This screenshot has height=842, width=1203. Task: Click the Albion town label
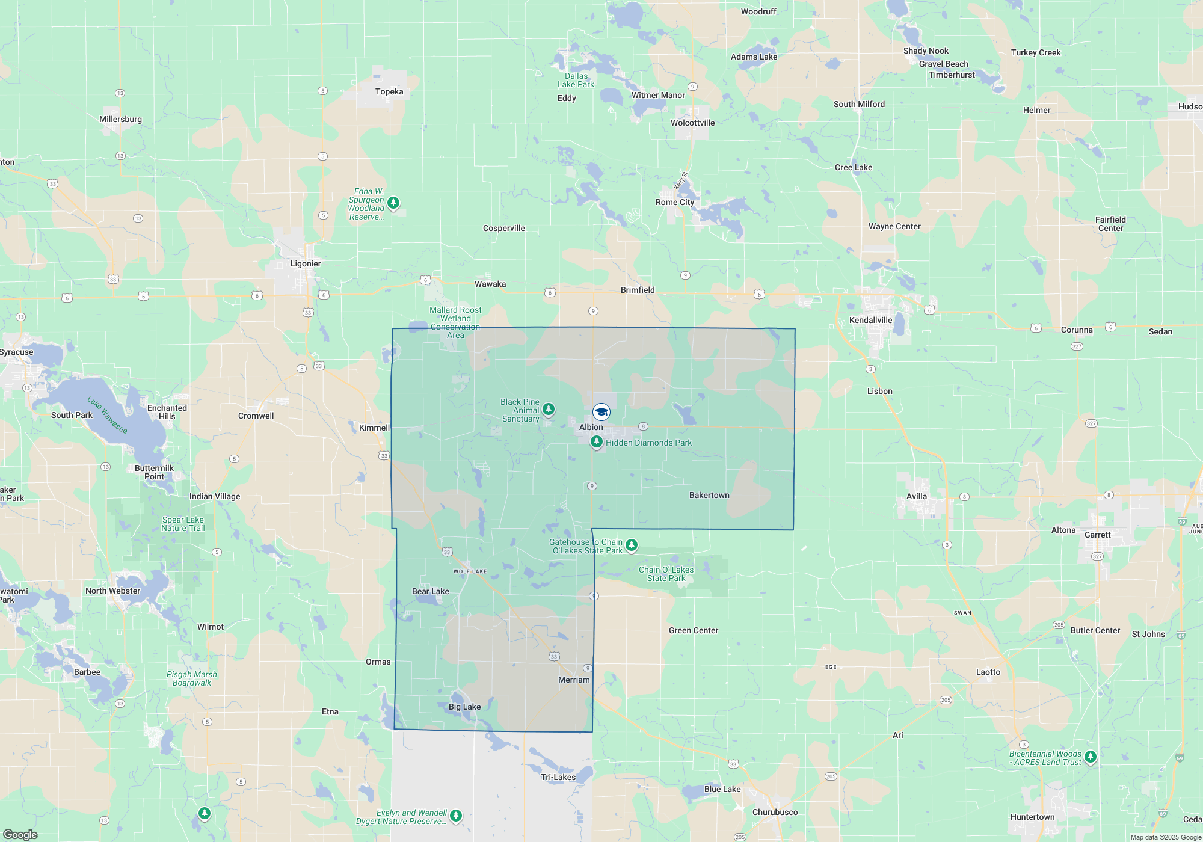pos(591,427)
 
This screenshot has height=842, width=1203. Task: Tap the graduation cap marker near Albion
pos(601,412)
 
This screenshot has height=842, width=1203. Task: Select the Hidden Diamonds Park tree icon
pos(596,442)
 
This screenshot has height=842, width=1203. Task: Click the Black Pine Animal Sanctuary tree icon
pos(548,410)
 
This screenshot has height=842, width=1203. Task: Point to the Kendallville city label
pos(870,320)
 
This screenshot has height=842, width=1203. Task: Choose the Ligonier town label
pos(306,263)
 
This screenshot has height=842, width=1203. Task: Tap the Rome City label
pos(674,202)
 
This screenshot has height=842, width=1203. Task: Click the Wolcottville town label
pos(692,123)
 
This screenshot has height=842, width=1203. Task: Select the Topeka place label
pos(389,91)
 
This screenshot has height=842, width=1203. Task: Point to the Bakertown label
pos(709,495)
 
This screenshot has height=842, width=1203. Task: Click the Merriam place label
pos(574,680)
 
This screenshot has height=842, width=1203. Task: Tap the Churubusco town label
pos(775,812)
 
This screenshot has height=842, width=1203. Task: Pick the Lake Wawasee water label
pos(107,415)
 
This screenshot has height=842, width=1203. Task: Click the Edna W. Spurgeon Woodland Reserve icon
pos(393,203)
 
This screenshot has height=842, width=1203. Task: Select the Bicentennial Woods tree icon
pos(1090,757)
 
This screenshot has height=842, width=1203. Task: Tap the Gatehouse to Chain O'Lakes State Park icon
pos(631,545)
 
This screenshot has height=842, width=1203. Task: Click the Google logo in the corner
pos(20,835)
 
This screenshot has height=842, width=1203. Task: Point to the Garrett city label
pos(1097,535)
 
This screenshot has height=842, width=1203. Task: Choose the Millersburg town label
pos(120,119)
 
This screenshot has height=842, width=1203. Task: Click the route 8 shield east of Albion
pos(643,426)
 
